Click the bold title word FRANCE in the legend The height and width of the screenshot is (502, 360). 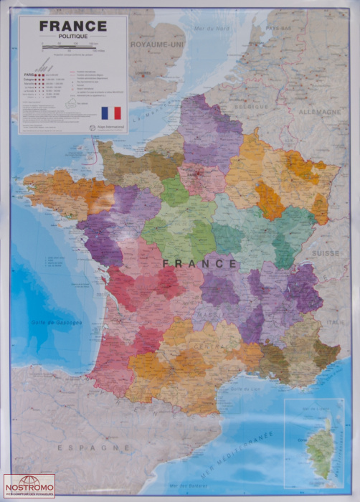[x=72, y=26]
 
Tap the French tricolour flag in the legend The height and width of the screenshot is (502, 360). [x=111, y=113]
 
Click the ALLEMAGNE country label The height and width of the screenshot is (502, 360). [x=319, y=112]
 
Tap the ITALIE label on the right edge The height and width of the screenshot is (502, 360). [x=336, y=322]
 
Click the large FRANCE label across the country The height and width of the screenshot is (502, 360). [x=199, y=263]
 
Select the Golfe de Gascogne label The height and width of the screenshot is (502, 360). [x=57, y=323]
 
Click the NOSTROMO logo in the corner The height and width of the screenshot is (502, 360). [x=29, y=486]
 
